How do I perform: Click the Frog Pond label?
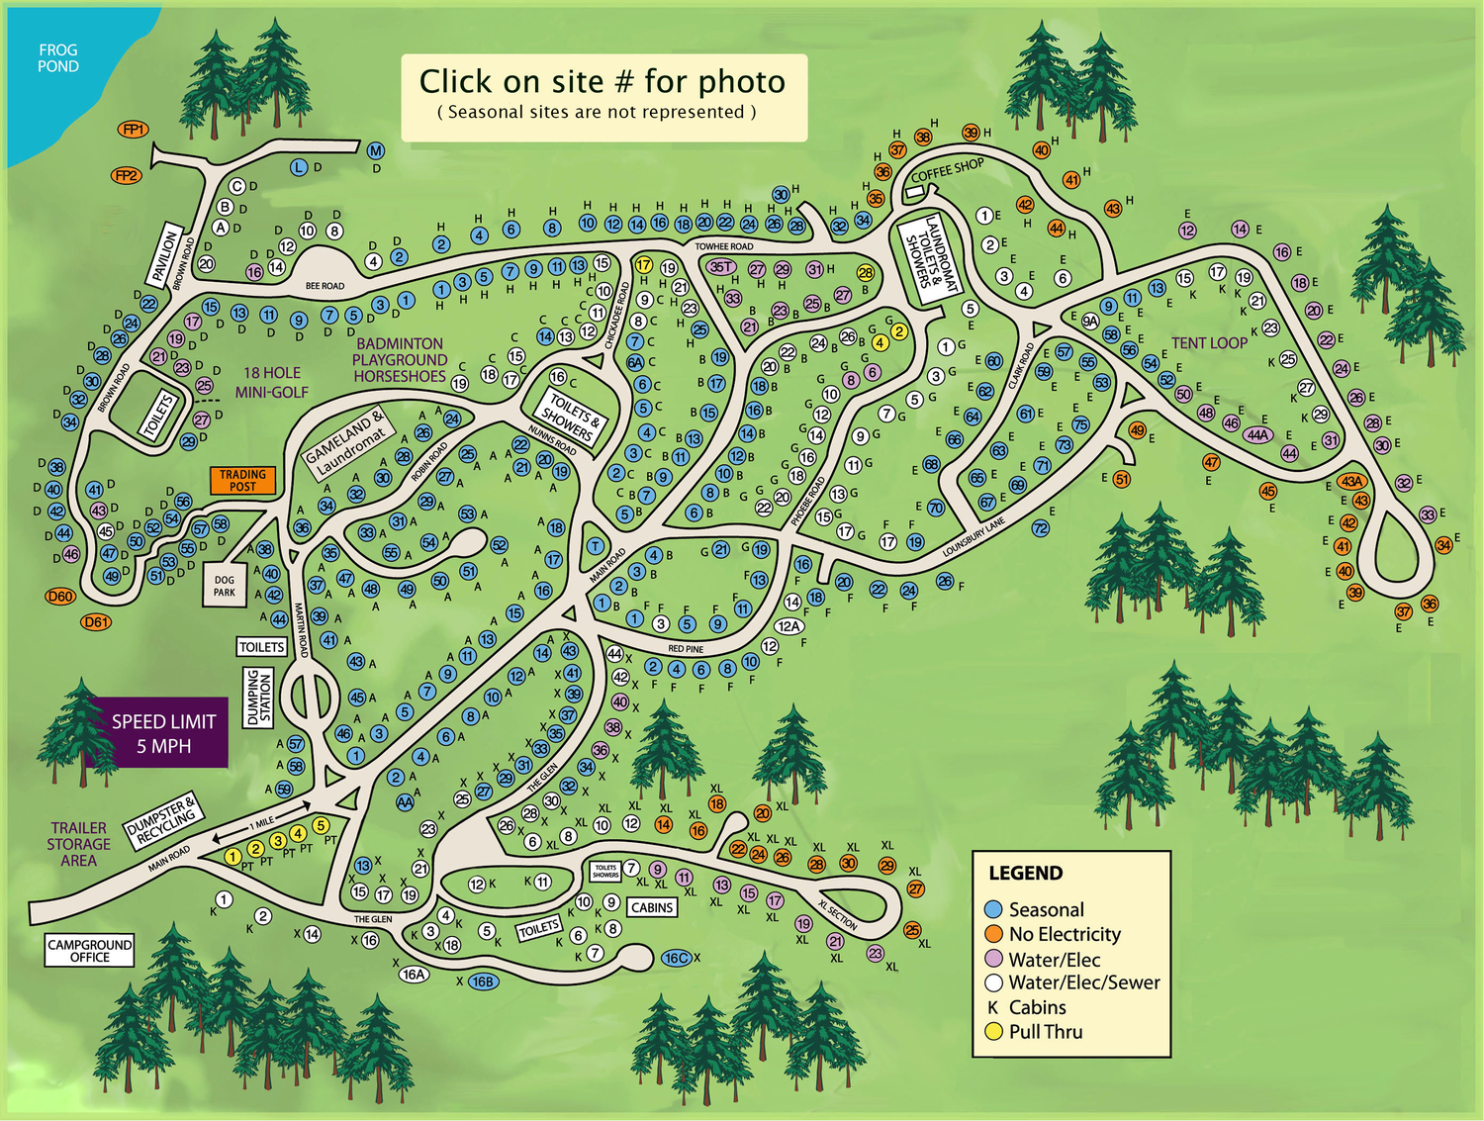(x=57, y=58)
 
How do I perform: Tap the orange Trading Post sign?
(x=242, y=480)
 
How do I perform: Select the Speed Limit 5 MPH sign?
(x=163, y=733)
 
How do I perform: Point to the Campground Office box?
(x=89, y=951)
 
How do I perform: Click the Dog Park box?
(x=225, y=586)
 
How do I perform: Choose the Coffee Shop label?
(x=947, y=170)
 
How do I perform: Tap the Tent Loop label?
(x=1209, y=343)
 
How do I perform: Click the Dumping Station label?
(x=258, y=697)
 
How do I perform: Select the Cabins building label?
(x=652, y=907)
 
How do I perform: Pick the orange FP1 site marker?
(x=133, y=130)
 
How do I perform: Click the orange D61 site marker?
(x=96, y=622)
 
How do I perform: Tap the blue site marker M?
(x=375, y=151)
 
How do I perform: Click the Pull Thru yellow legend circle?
(x=994, y=1032)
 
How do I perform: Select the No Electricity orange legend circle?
(x=994, y=934)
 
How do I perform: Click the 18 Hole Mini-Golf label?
(x=272, y=382)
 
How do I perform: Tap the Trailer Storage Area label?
(x=79, y=844)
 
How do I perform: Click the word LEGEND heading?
(x=1026, y=874)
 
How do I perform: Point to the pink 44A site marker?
(x=1257, y=434)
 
